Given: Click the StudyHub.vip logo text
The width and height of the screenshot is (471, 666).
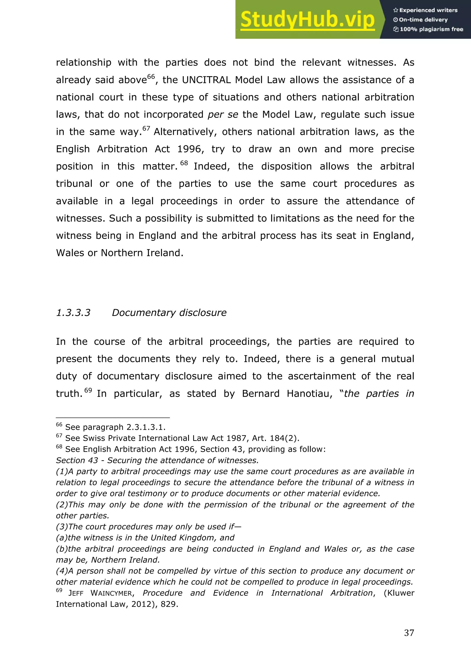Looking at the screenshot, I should (x=307, y=20).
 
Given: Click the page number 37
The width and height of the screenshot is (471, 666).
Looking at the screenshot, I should (x=409, y=633).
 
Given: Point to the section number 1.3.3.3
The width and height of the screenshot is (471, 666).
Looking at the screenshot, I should (x=73, y=313).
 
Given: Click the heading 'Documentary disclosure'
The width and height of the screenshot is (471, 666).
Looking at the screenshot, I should (x=169, y=313).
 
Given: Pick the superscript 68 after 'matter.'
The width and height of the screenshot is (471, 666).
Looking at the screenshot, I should (x=184, y=163).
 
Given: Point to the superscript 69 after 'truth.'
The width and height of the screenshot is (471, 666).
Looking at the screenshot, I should (x=88, y=390).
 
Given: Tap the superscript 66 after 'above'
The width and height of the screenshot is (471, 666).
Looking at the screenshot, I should (x=151, y=77).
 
